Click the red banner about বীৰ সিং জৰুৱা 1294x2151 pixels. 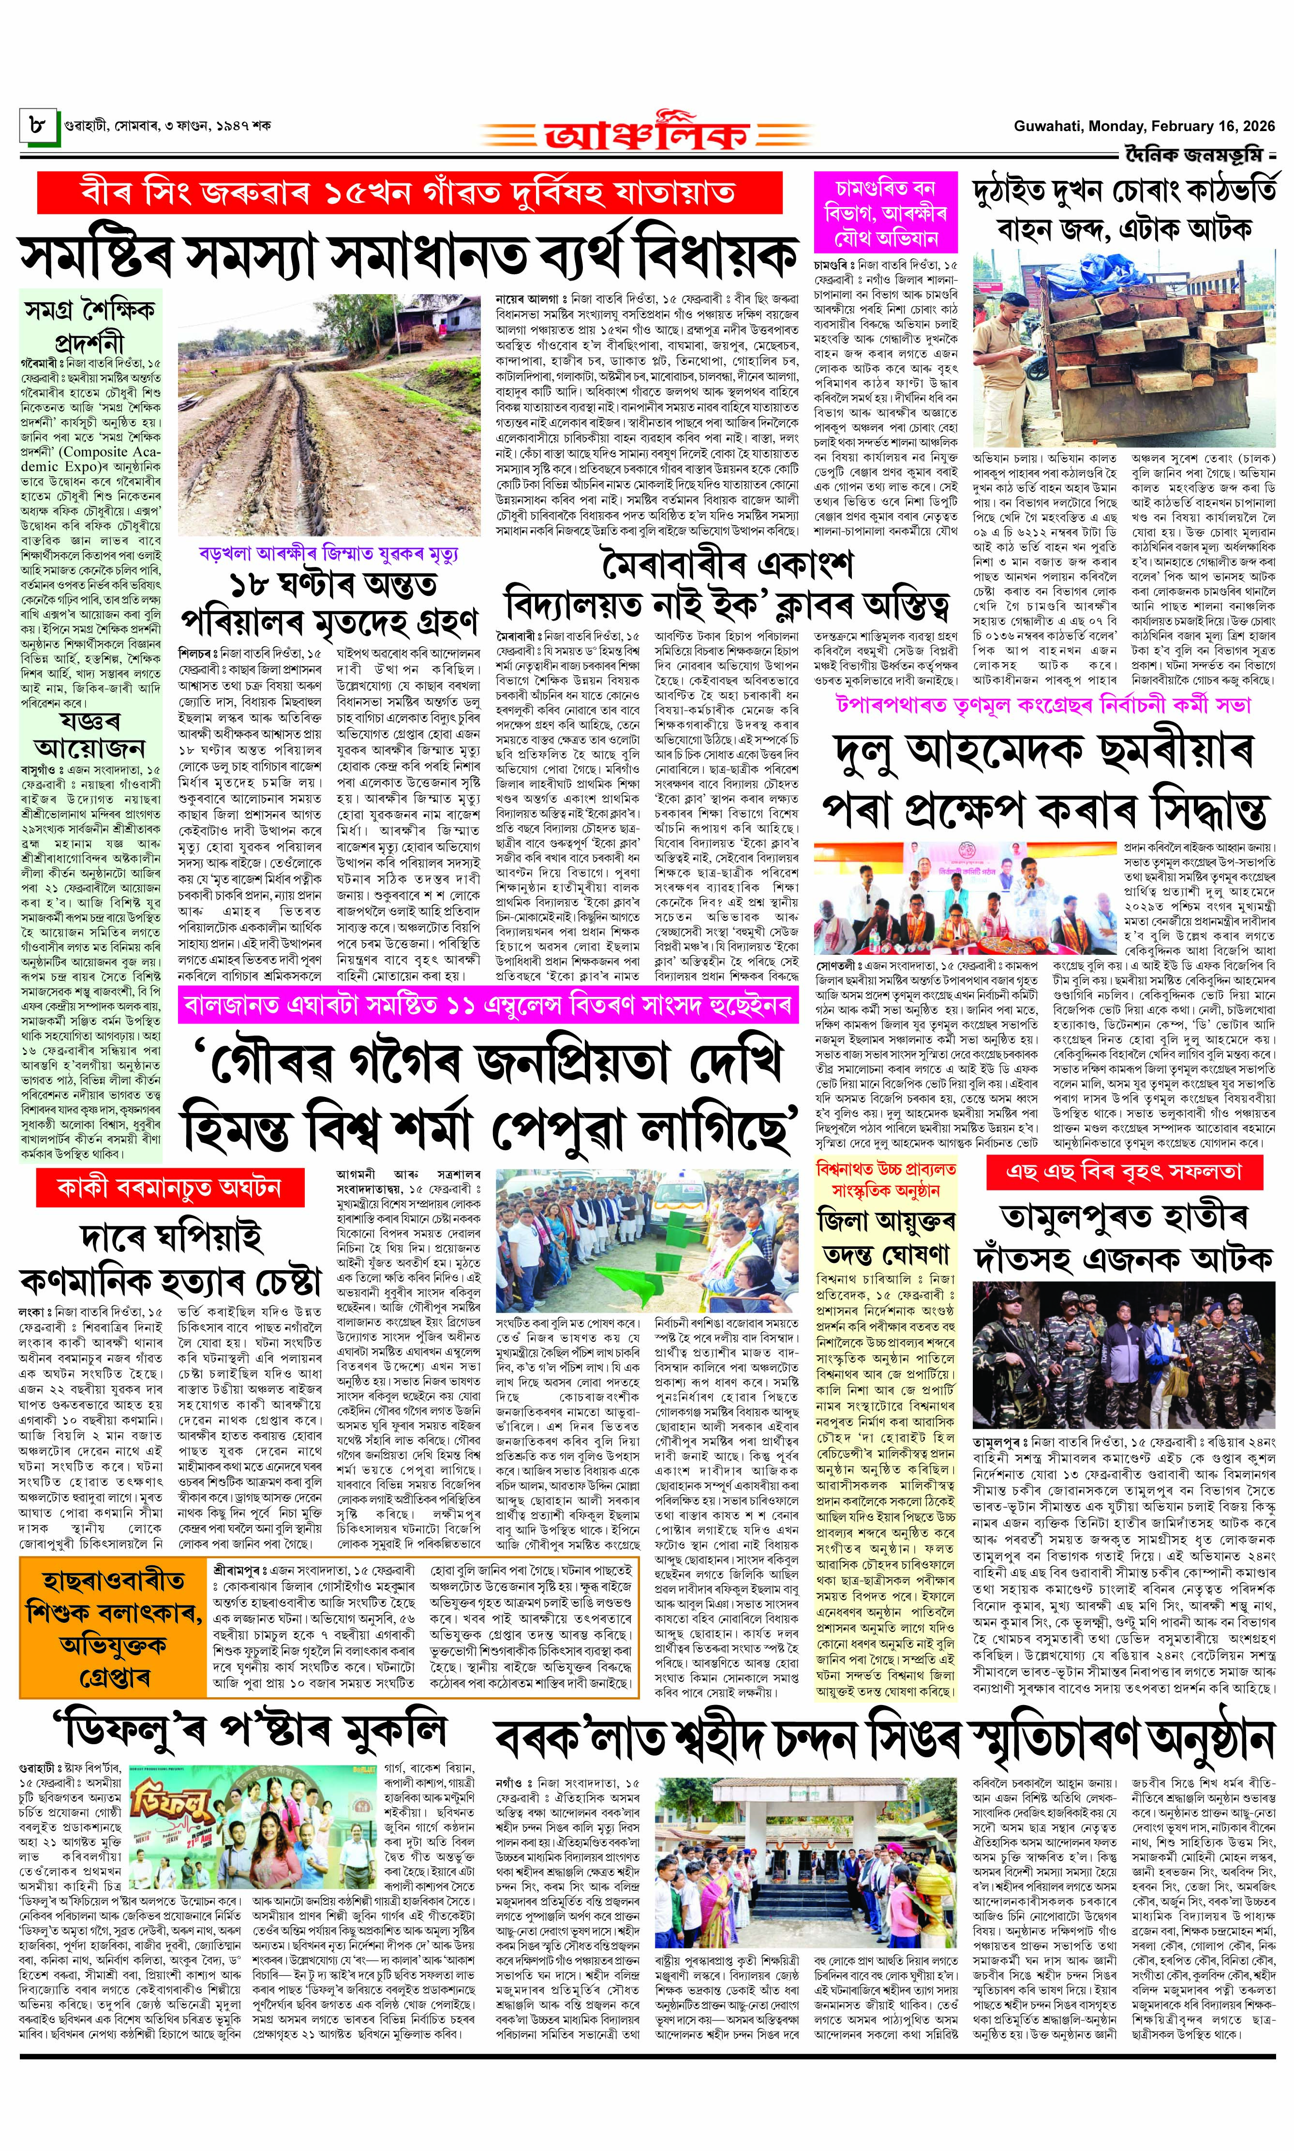(408, 193)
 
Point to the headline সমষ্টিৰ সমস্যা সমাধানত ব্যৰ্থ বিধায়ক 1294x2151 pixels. (408, 254)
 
